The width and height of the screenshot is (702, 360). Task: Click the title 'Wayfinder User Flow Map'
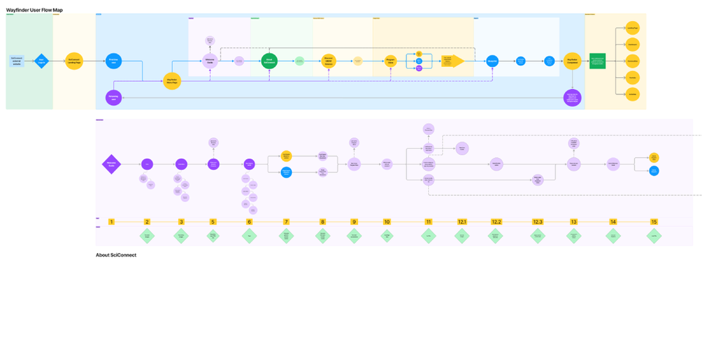pos(34,10)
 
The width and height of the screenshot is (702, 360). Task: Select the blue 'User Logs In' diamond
pos(41,61)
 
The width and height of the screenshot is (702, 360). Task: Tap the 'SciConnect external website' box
pos(17,61)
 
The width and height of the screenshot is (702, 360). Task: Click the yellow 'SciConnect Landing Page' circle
pos(75,61)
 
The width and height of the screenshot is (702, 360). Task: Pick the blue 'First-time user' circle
pos(114,61)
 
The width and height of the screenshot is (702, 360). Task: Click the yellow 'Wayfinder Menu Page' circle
pos(172,81)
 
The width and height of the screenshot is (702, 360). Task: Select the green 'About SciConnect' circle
pos(270,61)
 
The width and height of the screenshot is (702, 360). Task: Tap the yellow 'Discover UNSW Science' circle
pos(329,61)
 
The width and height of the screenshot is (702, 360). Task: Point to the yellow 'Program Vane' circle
pos(390,61)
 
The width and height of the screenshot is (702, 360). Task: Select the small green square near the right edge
pos(597,61)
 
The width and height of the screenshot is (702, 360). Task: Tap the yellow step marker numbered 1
pos(111,222)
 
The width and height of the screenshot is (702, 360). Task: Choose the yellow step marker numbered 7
pos(287,222)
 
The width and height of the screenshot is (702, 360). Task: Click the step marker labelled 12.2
pos(496,222)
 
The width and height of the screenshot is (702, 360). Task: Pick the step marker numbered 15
pos(654,222)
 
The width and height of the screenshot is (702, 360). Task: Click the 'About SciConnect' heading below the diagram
pos(116,255)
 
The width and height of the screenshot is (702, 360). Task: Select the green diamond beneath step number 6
pos(249,235)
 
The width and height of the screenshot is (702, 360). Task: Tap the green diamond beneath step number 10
pos(387,235)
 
